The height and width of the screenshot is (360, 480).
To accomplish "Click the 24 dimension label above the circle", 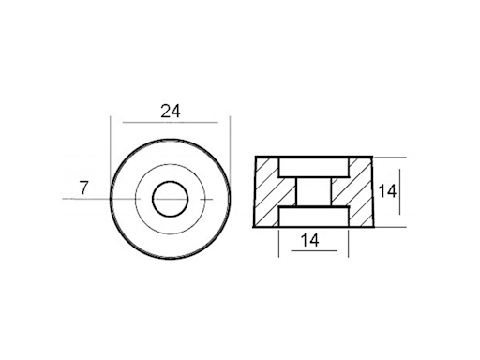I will coord(170,111).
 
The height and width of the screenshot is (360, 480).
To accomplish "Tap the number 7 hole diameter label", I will coord(83,187).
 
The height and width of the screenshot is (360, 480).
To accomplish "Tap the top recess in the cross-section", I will coord(315,166).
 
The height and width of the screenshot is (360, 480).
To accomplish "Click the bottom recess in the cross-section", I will coord(315,217).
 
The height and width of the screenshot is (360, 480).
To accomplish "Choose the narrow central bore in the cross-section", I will coord(315,192).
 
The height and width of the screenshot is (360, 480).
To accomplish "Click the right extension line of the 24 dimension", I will coord(230,141).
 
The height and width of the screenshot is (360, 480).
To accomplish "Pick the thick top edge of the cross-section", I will coord(315,157).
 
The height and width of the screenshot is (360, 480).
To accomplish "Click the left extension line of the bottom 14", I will coord(279,244).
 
